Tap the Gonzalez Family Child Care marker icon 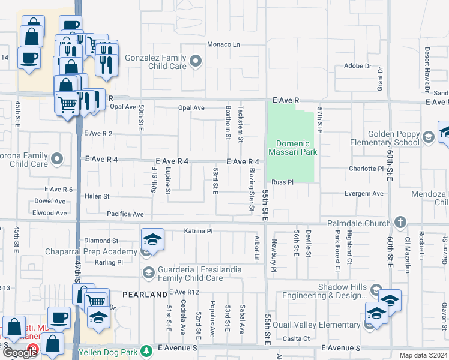point(196,62)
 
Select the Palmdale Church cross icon point(401,223)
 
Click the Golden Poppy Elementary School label point(382,138)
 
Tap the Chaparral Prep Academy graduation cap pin point(152,239)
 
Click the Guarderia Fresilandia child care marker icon point(148,274)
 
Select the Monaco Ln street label point(223,44)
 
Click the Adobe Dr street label point(358,66)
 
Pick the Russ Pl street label point(282,182)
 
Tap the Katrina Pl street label point(198,230)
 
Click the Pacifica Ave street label point(125,214)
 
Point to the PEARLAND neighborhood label point(145,295)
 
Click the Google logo point(20,352)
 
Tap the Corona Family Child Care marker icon point(57,159)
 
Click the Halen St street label point(97,196)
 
